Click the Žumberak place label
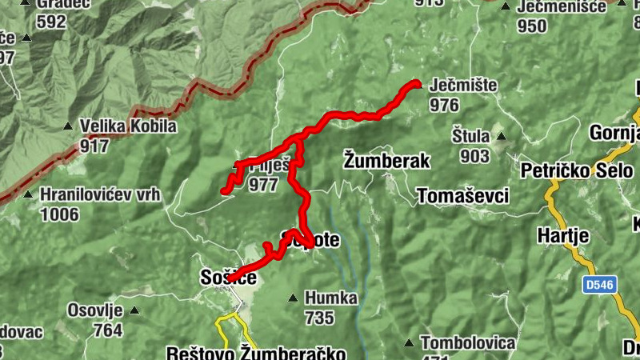click(386, 160)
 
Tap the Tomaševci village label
click(463, 196)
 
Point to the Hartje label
click(563, 236)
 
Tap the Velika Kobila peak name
click(128, 126)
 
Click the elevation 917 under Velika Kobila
click(94, 146)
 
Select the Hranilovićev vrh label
click(101, 194)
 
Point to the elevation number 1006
click(60, 214)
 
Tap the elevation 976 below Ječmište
click(444, 105)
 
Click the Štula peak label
click(470, 136)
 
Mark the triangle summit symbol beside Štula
click(501, 136)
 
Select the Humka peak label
click(330, 298)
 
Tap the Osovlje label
click(94, 310)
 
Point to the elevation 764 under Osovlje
click(107, 330)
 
